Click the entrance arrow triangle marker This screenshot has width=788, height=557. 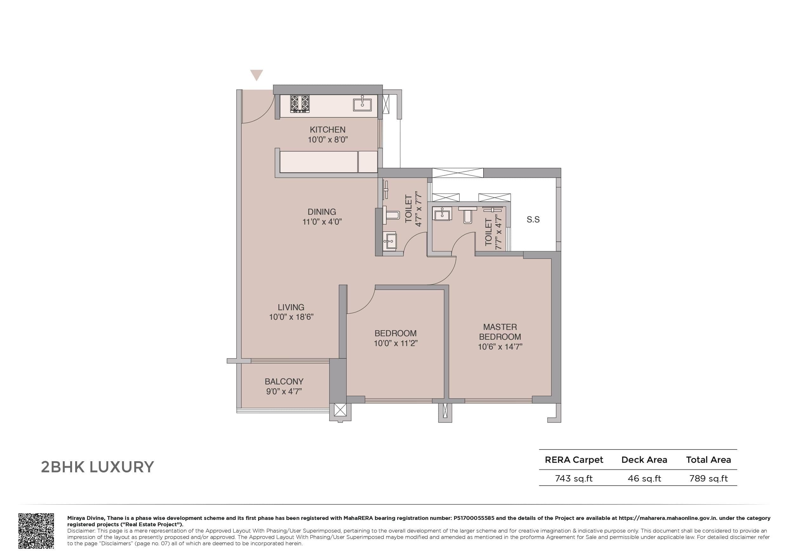point(257,75)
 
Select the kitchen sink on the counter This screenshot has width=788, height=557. point(362,104)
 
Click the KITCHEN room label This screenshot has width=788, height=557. point(327,130)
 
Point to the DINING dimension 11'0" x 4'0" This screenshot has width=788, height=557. point(322,222)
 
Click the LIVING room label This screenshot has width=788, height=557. point(291,307)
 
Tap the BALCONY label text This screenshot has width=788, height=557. point(284,381)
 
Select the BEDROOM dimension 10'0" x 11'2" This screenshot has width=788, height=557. point(395,343)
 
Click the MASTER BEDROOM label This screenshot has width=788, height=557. point(500,332)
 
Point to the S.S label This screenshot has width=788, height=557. point(533,220)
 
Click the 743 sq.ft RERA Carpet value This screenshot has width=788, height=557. point(573,478)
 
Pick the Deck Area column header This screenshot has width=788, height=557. point(644,460)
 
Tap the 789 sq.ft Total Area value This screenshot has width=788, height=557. point(708,478)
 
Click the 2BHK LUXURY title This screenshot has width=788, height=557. point(97,467)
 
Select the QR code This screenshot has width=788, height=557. point(36,531)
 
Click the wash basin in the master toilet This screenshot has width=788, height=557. point(442,214)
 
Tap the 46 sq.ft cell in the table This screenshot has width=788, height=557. point(644,478)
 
